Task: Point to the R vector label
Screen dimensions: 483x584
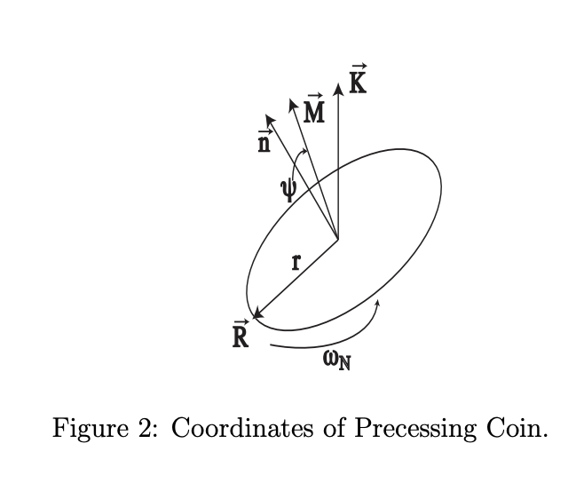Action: [x=240, y=336]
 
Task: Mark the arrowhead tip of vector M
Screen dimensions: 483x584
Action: [x=291, y=100]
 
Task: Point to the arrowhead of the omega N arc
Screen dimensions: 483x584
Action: [x=378, y=303]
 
